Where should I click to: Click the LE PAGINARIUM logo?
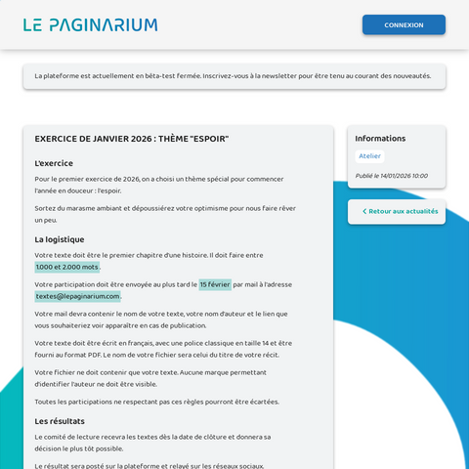pyautogui.click(x=90, y=24)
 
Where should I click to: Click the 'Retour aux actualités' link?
pyautogui.click(x=403, y=211)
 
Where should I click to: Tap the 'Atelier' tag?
pyautogui.click(x=369, y=156)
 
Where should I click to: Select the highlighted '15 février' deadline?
pyautogui.click(x=215, y=284)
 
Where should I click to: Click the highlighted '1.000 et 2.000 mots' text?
pyautogui.click(x=66, y=267)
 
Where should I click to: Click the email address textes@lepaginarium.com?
pyautogui.click(x=78, y=296)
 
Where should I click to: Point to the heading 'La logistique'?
pyautogui.click(x=59, y=239)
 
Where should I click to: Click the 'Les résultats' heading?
pyautogui.click(x=60, y=421)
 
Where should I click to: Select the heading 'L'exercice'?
pyautogui.click(x=54, y=163)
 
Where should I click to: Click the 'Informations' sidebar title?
pyautogui.click(x=380, y=139)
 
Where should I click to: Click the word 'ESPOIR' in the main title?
pyautogui.click(x=208, y=139)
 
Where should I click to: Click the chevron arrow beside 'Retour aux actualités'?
pyautogui.click(x=364, y=211)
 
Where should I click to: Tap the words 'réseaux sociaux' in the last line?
pyautogui.click(x=234, y=466)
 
